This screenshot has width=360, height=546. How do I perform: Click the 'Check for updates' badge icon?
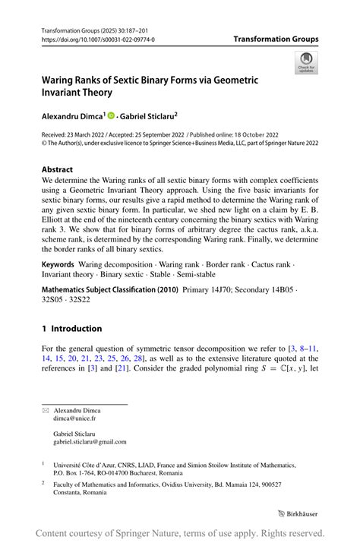point(308,62)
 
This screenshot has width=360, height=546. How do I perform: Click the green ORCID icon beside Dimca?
point(109,116)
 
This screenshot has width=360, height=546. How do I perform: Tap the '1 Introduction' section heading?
point(71,328)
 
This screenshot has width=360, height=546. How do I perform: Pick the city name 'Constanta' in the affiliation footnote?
point(69,492)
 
